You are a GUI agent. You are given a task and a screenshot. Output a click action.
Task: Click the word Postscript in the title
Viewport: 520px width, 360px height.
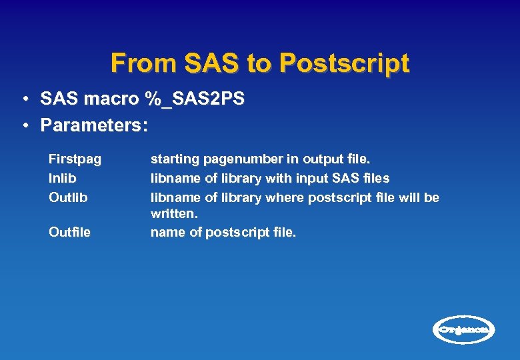click(x=344, y=63)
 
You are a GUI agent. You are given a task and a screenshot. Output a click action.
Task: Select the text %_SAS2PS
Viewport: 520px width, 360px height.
click(x=194, y=99)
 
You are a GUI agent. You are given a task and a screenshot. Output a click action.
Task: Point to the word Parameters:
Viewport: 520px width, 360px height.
click(x=93, y=125)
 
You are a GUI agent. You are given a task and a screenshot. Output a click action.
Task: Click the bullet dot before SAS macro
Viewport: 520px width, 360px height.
click(x=23, y=100)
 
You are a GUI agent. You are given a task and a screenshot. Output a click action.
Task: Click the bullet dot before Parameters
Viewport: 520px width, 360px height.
click(x=23, y=125)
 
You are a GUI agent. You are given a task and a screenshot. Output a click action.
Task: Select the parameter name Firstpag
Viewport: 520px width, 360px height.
click(x=75, y=159)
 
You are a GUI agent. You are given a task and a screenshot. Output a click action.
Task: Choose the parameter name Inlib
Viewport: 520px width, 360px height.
click(x=63, y=179)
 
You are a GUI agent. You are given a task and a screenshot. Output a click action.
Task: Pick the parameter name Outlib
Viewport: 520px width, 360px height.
click(x=68, y=198)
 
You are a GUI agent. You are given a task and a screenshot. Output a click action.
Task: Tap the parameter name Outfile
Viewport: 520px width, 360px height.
click(x=70, y=233)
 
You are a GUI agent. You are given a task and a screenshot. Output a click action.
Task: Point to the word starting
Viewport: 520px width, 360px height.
click(x=175, y=159)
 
